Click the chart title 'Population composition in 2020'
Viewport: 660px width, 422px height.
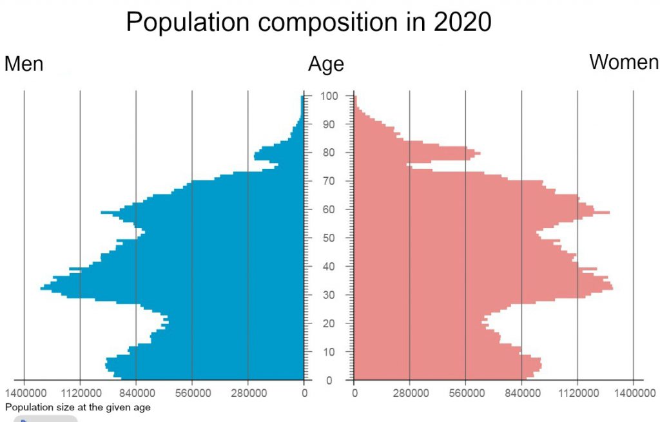[309, 23]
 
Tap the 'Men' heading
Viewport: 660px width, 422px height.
[24, 64]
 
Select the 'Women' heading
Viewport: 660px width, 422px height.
[624, 62]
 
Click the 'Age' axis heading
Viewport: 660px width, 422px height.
[325, 64]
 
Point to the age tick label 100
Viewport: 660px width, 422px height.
[329, 96]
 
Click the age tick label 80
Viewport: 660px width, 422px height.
[329, 153]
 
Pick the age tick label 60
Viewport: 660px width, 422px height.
[329, 209]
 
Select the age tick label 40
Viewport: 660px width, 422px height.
[329, 266]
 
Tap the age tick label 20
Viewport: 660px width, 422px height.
[329, 323]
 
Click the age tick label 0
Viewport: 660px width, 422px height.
[329, 380]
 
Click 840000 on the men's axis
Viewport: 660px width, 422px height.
[136, 392]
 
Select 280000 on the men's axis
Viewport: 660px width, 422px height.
[248, 392]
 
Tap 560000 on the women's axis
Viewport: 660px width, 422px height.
[466, 392]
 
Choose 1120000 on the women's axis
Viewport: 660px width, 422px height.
[577, 392]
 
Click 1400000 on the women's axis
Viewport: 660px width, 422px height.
[634, 392]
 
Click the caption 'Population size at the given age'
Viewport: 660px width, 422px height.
[78, 407]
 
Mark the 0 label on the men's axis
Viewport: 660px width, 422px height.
[304, 392]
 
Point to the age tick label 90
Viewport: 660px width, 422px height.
[329, 124]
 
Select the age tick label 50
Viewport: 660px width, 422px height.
[329, 238]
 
